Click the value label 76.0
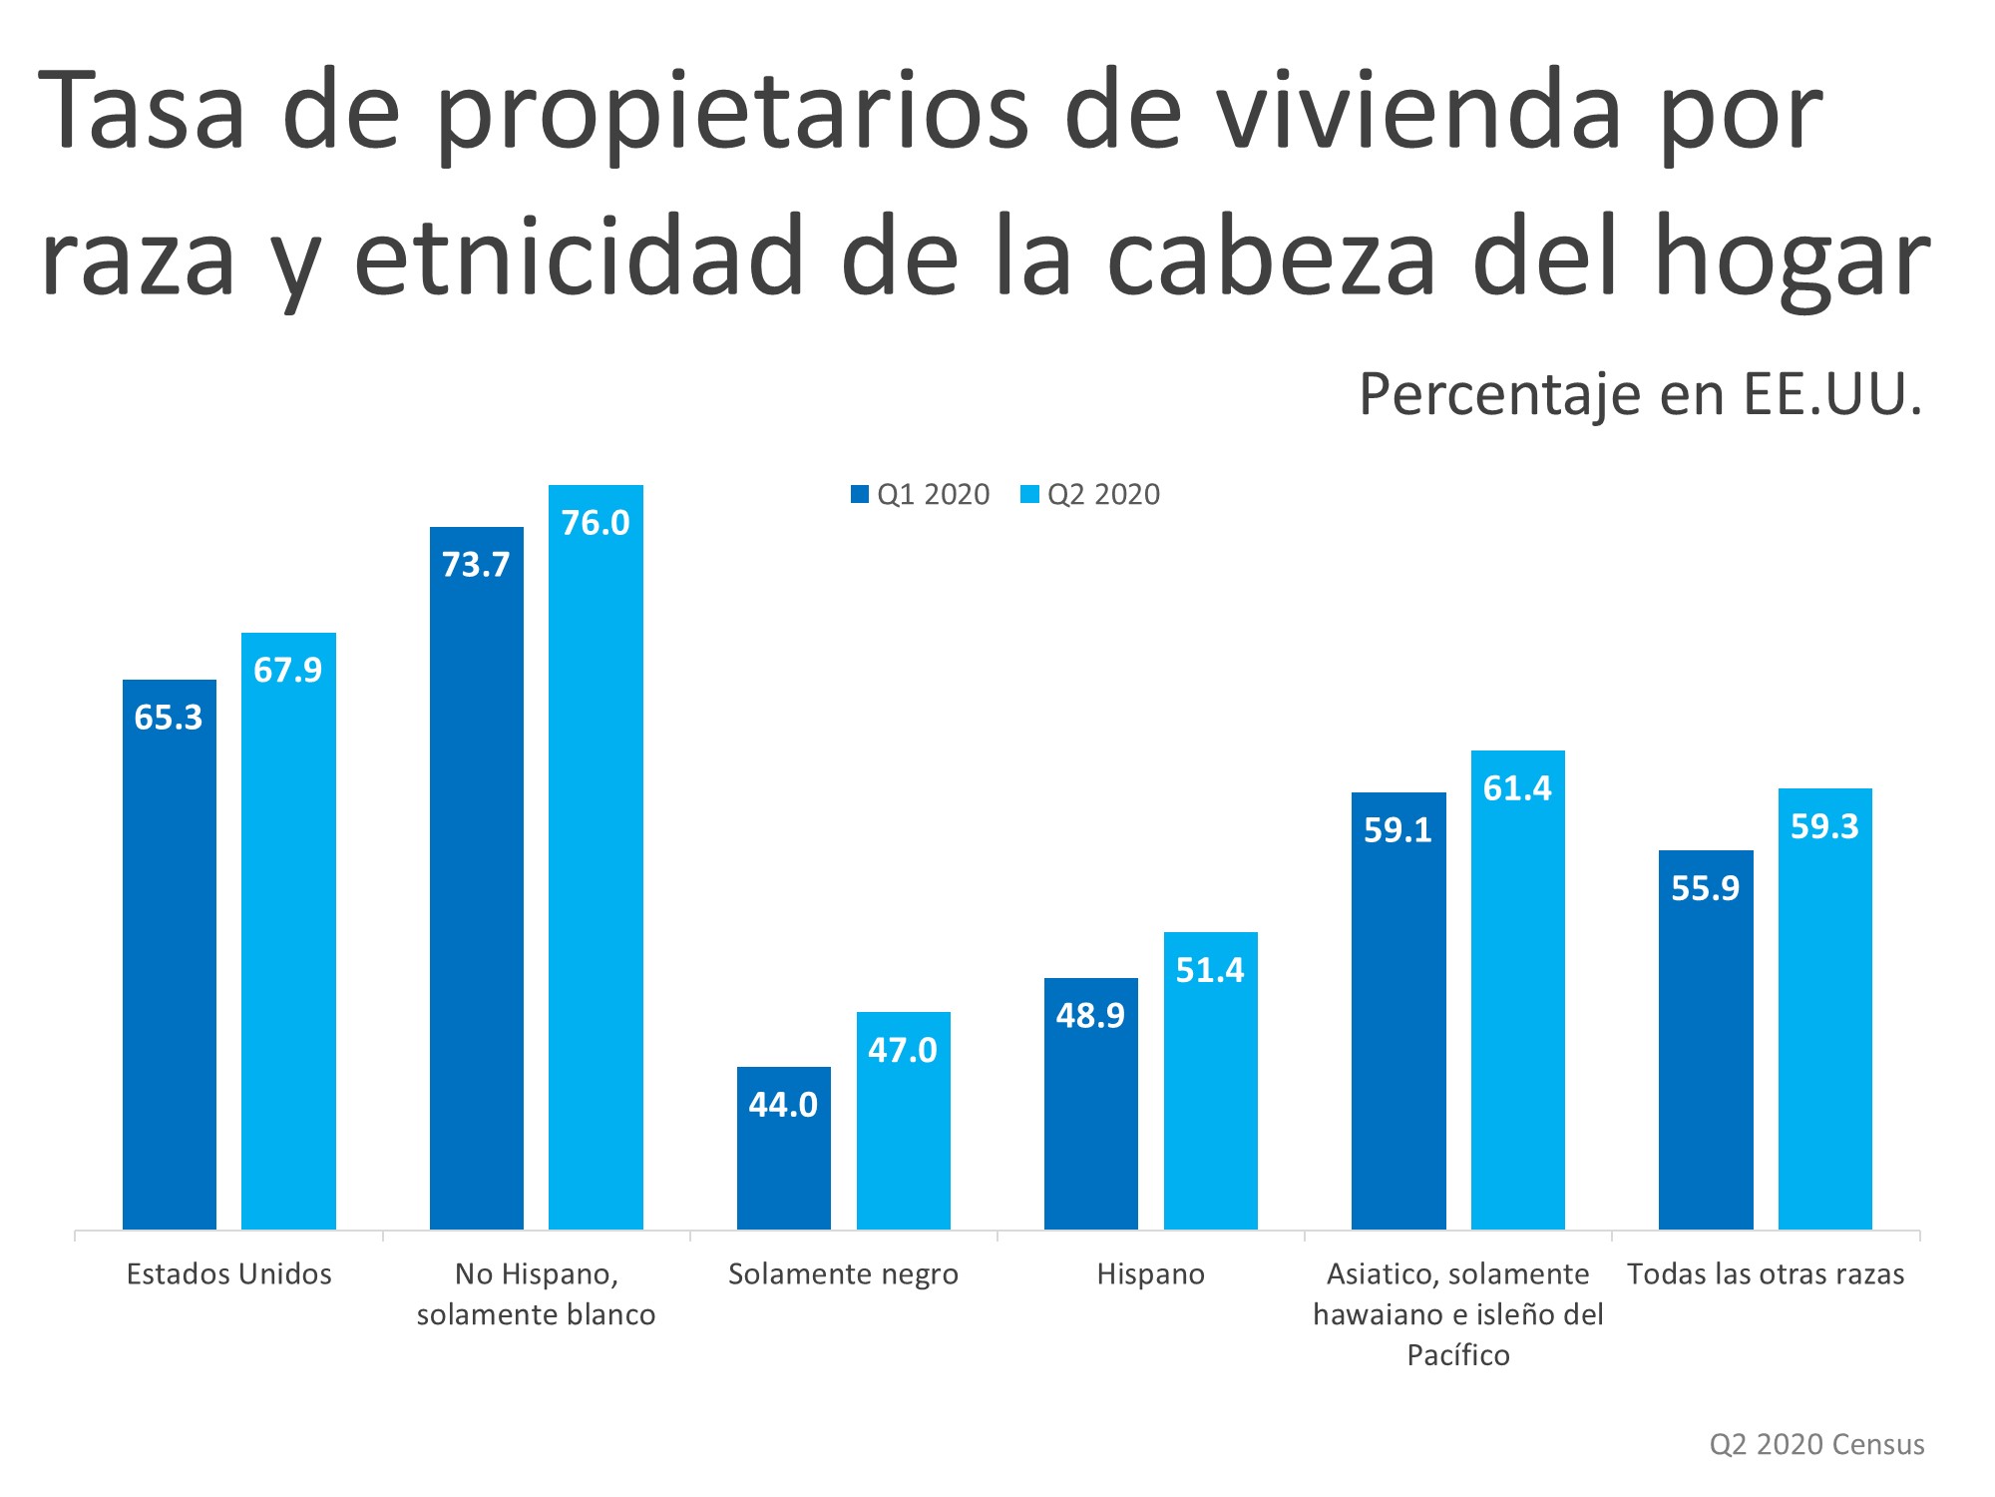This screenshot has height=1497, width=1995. (x=596, y=523)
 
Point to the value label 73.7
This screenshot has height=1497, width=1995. (x=476, y=565)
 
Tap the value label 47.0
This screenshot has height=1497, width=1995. (x=903, y=1050)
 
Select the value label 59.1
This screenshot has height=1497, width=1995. (x=1397, y=830)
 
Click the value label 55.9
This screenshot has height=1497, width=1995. (x=1705, y=888)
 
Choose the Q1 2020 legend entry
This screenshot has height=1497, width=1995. (x=921, y=495)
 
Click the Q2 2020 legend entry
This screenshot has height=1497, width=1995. (x=1091, y=495)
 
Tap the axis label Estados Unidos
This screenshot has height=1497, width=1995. (x=228, y=1274)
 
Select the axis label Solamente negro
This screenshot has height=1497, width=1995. (x=843, y=1274)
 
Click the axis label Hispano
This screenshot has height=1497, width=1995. (x=1150, y=1274)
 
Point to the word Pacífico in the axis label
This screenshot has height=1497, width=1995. (x=1457, y=1355)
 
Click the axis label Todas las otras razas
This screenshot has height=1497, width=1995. (x=1766, y=1274)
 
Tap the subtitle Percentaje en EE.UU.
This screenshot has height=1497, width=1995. (x=1640, y=394)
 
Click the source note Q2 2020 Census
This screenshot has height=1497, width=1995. (x=1816, y=1444)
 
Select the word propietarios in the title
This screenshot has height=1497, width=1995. (x=733, y=112)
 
